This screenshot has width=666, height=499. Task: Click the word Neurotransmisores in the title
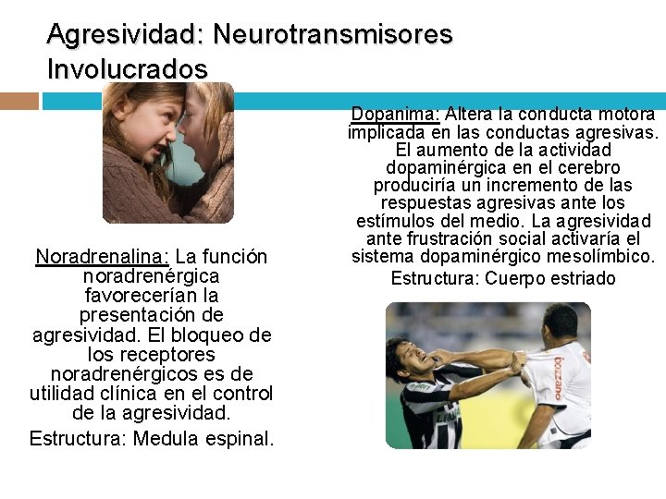[x=333, y=34]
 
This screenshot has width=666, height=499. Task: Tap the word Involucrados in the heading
[x=128, y=69]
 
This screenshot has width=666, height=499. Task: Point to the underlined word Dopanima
[x=395, y=115]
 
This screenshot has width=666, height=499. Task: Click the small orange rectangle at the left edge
[x=19, y=101]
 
